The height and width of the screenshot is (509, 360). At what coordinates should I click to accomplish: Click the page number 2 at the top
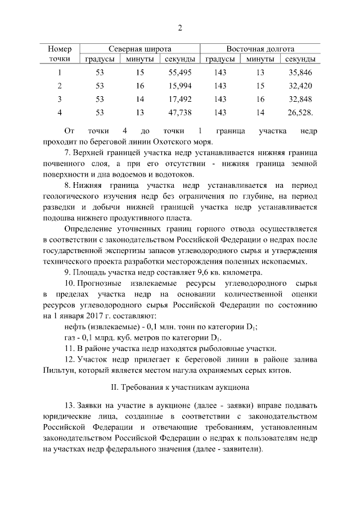180,28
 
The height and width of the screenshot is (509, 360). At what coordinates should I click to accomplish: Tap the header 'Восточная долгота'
260,49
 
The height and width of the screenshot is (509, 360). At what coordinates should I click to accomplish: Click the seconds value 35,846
299,73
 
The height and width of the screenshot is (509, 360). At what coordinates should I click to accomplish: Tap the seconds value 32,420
299,85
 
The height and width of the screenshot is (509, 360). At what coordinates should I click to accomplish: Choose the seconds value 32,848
299,99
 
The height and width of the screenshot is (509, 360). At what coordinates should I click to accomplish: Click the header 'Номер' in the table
60,49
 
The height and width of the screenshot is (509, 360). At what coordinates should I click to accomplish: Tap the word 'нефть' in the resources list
76,327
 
